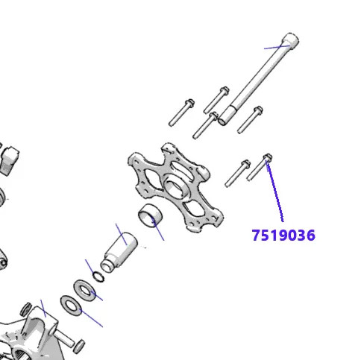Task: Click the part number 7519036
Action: (283, 236)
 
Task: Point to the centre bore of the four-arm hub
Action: (177, 184)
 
